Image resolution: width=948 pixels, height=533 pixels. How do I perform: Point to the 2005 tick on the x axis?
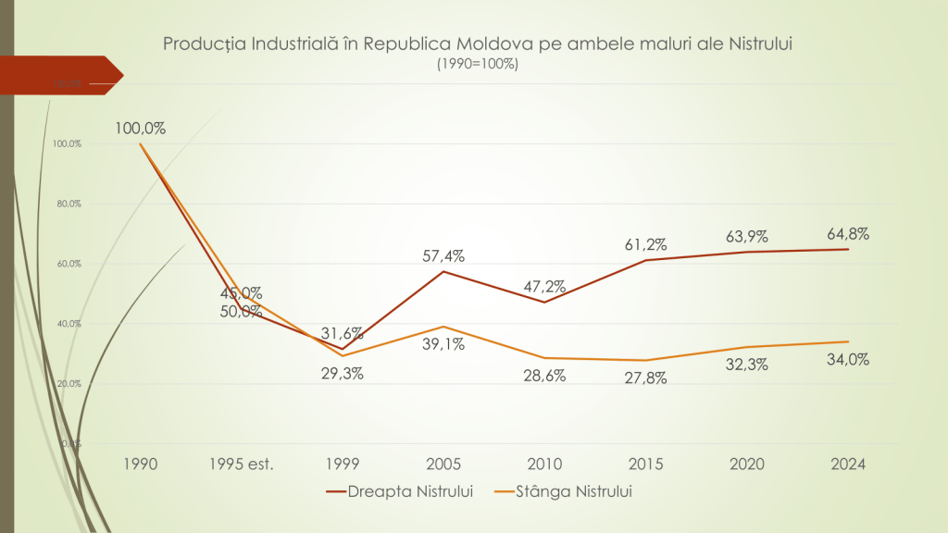[443, 464]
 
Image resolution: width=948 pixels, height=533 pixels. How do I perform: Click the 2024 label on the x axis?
[848, 464]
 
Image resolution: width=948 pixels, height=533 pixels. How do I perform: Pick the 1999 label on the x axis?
[343, 464]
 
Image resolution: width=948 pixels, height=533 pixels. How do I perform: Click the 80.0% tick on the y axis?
[69, 204]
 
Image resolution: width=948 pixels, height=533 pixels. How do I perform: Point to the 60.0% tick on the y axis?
[69, 264]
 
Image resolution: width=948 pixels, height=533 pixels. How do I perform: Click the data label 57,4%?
[443, 256]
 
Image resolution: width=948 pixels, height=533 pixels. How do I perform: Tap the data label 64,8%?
[848, 233]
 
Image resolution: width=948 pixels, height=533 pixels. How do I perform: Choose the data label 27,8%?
[645, 378]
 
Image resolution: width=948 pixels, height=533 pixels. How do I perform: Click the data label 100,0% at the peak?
[141, 129]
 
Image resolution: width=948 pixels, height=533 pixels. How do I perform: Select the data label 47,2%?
[544, 287]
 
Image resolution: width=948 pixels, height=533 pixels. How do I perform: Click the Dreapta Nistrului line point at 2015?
[645, 260]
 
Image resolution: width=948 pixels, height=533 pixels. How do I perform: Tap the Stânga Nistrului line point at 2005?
[443, 327]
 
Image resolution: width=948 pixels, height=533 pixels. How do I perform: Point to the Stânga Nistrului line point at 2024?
[848, 341]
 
